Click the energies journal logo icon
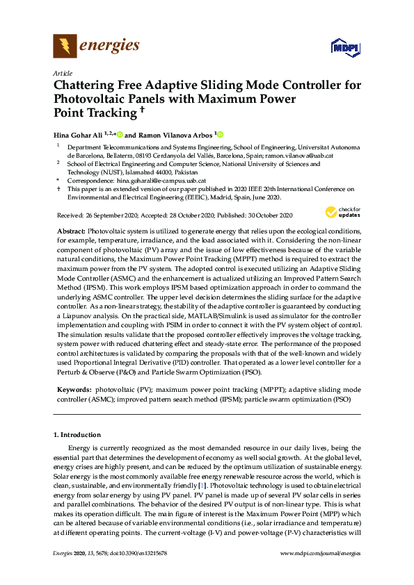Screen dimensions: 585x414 pos(65,47)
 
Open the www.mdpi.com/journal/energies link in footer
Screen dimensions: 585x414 pos(319,552)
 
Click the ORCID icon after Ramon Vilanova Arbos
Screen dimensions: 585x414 pos(221,134)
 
